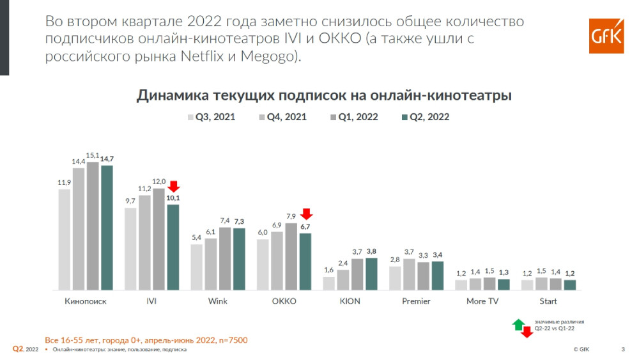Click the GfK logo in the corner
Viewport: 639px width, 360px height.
point(605,36)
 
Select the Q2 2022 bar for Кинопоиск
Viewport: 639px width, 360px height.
point(107,227)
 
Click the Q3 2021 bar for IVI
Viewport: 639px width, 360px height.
point(130,248)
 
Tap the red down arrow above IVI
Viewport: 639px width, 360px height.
point(173,187)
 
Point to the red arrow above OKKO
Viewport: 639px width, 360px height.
point(305,214)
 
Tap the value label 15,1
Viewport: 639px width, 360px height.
point(93,155)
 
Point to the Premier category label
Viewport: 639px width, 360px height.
point(416,301)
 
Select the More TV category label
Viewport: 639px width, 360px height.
point(482,301)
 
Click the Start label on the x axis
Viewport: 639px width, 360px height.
point(548,301)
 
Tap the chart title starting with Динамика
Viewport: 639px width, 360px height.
point(324,96)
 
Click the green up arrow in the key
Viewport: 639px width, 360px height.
point(519,324)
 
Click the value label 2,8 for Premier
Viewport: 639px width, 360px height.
point(395,260)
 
